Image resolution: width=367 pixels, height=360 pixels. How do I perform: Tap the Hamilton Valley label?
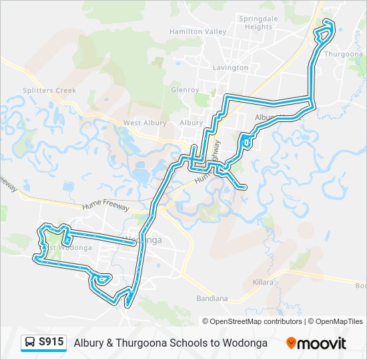tap(198, 31)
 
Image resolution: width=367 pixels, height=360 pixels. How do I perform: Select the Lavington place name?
tap(230, 67)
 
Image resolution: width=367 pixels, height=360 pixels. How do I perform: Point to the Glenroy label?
tap(185, 89)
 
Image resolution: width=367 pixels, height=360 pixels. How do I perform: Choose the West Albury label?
tap(144, 123)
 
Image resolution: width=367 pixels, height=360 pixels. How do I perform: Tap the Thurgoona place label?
tap(342, 54)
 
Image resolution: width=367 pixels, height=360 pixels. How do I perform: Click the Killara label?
tap(263, 283)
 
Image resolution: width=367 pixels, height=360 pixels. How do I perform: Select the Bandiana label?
tap(213, 299)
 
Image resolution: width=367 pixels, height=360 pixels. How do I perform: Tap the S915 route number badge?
tap(51, 343)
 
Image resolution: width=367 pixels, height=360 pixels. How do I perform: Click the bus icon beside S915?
tap(30, 343)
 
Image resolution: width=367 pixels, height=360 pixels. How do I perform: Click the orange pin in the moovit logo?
tap(291, 343)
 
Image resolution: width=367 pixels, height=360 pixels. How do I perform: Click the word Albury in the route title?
tap(90, 343)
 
